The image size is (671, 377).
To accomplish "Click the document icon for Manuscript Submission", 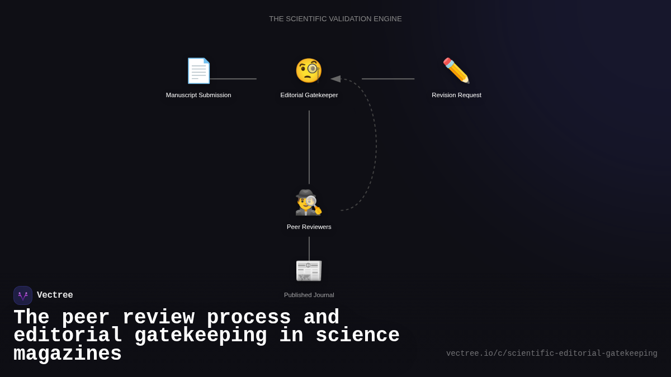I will pos(199,71).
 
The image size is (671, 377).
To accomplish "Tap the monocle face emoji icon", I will pos(309,71).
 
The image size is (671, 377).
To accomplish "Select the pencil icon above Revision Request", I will pos(456,71).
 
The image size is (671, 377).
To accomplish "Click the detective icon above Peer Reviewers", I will pos(309,202).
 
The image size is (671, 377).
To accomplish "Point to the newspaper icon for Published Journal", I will pos(309,270).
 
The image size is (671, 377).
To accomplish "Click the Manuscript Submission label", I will pos(199,95).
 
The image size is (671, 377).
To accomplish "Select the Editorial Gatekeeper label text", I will pos(309,95).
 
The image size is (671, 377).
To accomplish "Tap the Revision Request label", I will pos(456,95).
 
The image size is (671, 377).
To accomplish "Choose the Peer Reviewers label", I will pos(309,227).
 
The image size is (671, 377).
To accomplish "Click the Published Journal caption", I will pos(309,295).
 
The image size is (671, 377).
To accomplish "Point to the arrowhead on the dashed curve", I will pos(335,79).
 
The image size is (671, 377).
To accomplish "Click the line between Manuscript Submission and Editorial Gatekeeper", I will pos(233,79).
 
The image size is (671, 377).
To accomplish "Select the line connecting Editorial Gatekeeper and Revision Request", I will pos(388,79).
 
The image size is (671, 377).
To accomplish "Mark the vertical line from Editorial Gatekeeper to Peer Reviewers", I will pos(309,147).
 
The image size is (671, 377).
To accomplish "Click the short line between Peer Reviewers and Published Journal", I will pos(309,248).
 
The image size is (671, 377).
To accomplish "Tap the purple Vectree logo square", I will pos(23,295).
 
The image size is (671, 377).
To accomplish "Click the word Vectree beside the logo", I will pos(55,295).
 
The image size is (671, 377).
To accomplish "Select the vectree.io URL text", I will pos(551,354).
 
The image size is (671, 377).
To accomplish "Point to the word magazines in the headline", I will pos(68,354).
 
